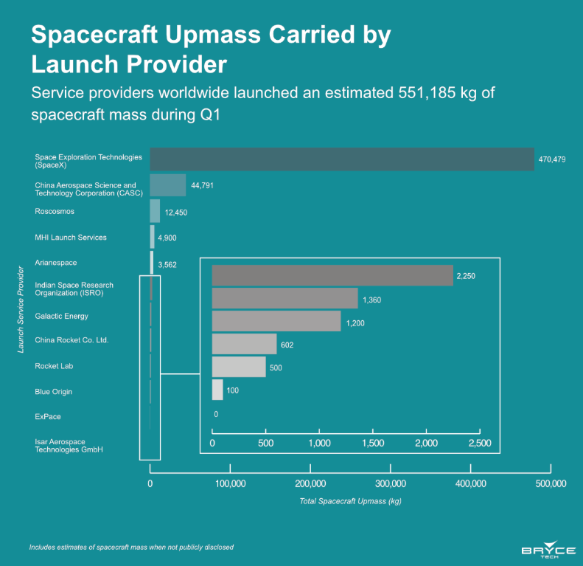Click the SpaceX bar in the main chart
pos(342,159)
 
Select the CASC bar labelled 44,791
pos(168,185)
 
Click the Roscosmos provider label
pos(55,212)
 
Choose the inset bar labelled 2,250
pos(332,275)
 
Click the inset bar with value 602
pos(244,344)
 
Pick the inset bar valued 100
pos(217,390)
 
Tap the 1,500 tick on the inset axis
pos(373,443)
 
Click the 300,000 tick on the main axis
pos(391,484)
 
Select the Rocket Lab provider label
pos(54,366)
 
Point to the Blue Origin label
pos(53,391)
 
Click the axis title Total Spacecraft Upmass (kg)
pos(350,502)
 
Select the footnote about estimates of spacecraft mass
pos(131,548)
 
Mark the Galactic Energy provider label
pos(61,316)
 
